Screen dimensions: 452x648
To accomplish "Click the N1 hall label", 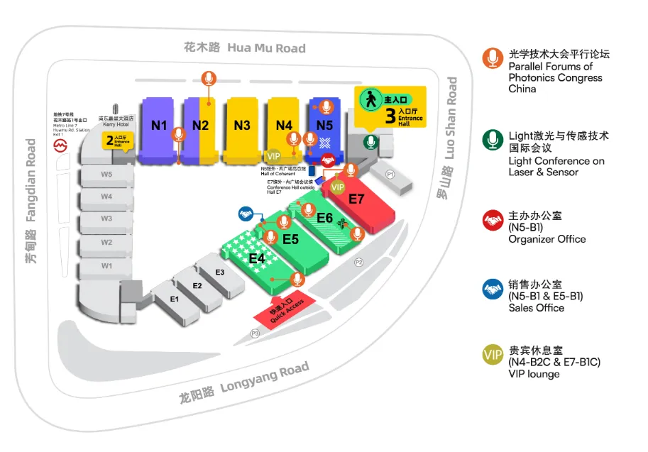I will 159,126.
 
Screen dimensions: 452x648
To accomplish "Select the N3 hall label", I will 242,126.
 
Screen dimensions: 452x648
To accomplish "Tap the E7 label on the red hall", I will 356,199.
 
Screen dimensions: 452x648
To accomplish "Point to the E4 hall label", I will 257,259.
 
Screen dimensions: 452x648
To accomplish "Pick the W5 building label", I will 106,174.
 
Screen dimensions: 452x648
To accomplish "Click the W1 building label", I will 106,265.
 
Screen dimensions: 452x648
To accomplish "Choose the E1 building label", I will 175,299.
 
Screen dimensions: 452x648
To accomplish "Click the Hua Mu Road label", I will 245,48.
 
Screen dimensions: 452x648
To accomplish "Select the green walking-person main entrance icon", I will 370,99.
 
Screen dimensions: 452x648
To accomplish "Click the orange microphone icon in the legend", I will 493,58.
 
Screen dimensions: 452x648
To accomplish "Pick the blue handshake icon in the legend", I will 493,288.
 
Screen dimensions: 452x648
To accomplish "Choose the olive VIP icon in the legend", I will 493,355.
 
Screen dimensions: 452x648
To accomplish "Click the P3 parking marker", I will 256,333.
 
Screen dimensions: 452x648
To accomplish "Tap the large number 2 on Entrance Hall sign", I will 110,139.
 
